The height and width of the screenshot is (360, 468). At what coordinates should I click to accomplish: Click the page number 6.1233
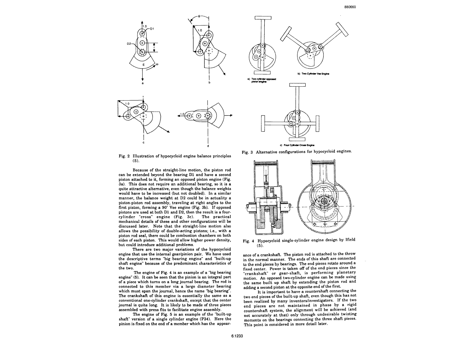pos(237,335)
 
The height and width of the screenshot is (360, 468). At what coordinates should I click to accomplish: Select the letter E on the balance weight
pos(144,64)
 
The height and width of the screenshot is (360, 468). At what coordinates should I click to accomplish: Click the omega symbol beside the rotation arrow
pos(158,64)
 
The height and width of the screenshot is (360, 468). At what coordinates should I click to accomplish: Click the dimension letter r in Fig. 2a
pos(155,47)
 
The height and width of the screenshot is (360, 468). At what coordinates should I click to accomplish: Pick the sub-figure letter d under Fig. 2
pos(208,146)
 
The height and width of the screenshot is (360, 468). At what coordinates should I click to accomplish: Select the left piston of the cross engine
pos(263,123)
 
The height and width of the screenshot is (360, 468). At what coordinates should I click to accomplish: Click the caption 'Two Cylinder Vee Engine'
pos(313,74)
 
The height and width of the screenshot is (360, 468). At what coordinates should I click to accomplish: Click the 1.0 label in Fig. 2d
pos(182,114)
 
